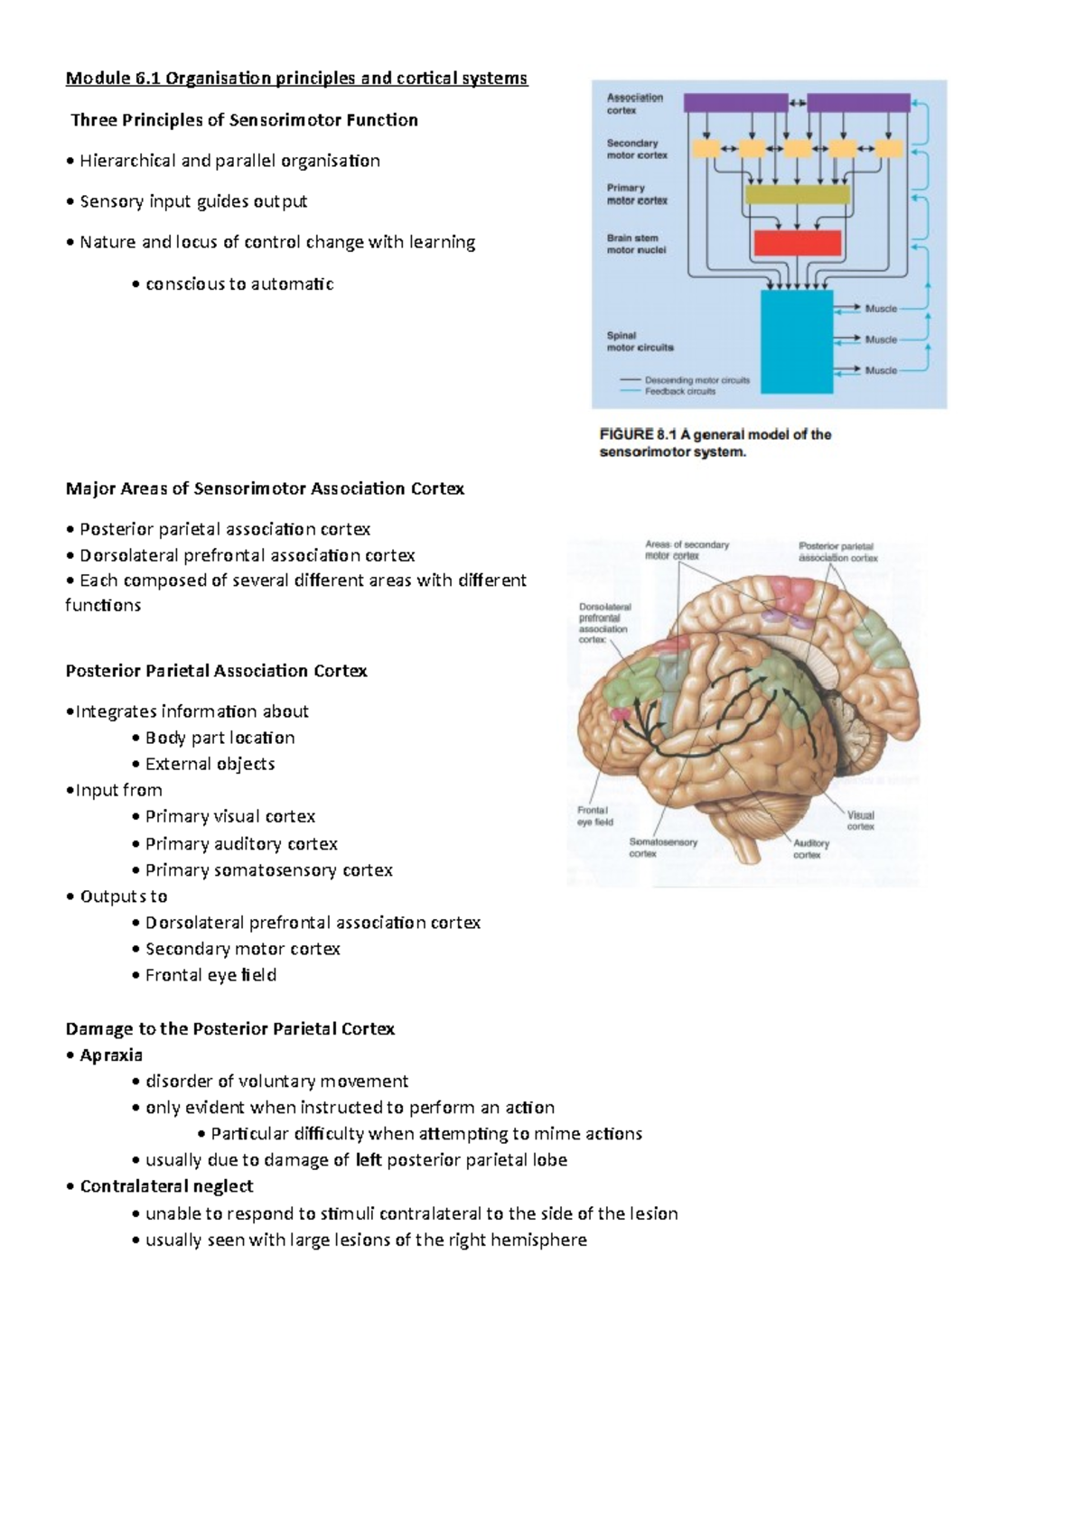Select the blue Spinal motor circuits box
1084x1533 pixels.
point(797,341)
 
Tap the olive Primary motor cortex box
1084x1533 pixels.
point(797,194)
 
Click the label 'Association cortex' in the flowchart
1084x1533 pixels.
point(635,104)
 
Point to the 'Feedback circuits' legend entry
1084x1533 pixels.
point(680,392)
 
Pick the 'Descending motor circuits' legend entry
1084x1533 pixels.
point(696,380)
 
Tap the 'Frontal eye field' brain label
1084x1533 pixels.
point(595,816)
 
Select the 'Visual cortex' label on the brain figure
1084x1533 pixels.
point(860,821)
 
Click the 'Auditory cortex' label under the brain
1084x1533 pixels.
point(810,849)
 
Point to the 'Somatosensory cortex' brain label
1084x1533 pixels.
point(663,848)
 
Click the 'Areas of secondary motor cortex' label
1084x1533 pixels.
point(687,550)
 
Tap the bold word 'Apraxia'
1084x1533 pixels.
point(111,1055)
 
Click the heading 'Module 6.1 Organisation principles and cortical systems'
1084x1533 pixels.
point(296,79)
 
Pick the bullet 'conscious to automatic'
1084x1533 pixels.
point(239,283)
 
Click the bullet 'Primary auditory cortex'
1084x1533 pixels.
point(241,844)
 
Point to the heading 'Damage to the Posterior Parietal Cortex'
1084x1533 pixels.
point(230,1028)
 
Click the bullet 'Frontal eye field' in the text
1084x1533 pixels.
point(210,975)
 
